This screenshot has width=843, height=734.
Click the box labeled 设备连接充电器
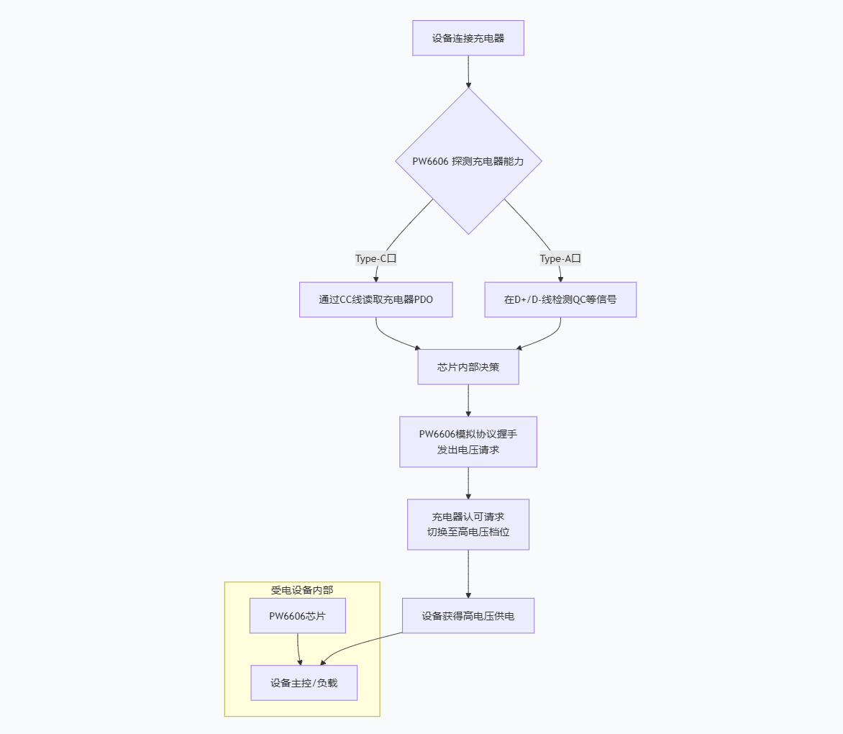(468, 38)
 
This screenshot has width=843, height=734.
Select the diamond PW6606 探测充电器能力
(468, 160)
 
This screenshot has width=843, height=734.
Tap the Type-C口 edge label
(375, 258)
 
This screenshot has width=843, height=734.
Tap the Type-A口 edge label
(560, 258)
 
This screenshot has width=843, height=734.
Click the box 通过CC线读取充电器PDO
(375, 299)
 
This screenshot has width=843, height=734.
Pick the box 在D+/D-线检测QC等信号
(560, 299)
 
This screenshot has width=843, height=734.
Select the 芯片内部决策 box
(468, 367)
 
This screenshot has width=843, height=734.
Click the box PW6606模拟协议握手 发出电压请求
(468, 441)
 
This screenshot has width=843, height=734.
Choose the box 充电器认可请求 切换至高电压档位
(468, 525)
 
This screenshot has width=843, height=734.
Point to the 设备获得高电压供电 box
(468, 616)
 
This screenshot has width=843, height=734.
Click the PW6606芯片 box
(297, 616)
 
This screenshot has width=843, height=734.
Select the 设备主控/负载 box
(304, 683)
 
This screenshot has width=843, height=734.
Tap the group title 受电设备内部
(302, 590)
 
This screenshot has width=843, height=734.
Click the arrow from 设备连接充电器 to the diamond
(468, 71)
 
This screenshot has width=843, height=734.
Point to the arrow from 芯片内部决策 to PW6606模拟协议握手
(468, 401)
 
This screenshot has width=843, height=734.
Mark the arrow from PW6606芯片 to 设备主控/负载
(299, 650)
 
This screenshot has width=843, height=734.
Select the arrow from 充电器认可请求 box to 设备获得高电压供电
(468, 574)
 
